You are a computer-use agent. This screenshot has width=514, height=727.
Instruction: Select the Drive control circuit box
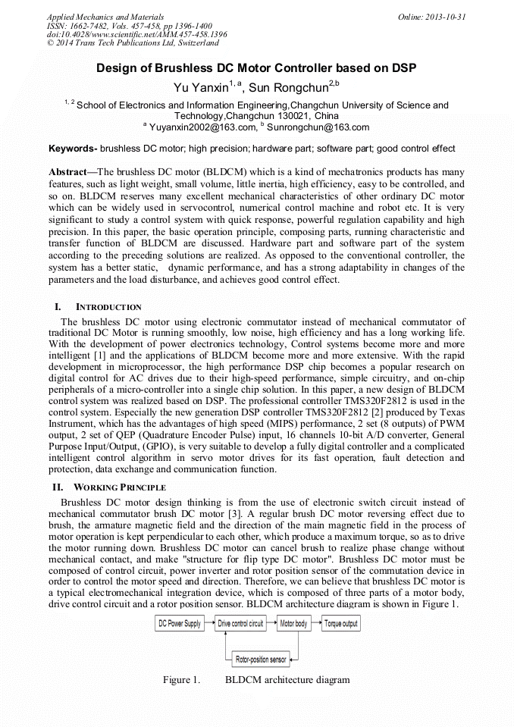[x=240, y=624]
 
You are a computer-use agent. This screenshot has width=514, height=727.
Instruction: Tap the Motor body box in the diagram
[x=293, y=624]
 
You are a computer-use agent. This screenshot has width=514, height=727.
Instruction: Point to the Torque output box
[x=340, y=624]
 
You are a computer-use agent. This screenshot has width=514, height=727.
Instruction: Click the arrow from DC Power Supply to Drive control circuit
[x=209, y=624]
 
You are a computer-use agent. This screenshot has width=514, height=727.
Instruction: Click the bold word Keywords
[x=71, y=149]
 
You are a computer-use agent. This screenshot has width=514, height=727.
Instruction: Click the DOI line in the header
[x=136, y=34]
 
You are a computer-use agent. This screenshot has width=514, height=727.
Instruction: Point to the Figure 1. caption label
[x=181, y=680]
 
